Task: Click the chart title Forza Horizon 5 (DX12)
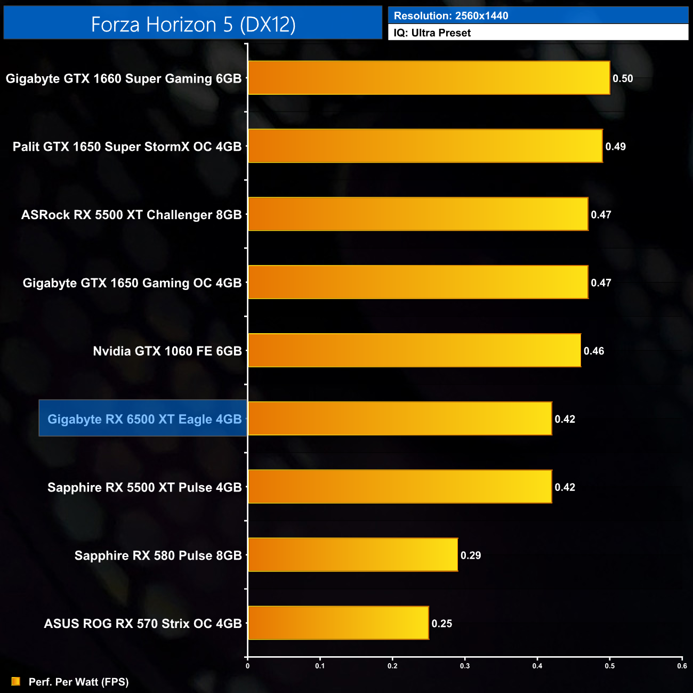[193, 25]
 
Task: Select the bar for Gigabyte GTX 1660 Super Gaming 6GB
[429, 78]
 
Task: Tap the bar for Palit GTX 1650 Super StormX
[425, 146]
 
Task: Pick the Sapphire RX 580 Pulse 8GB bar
[352, 555]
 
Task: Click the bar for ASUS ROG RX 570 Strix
[338, 623]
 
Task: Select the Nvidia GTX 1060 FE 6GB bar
[414, 351]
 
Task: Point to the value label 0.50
[623, 79]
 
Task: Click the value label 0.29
[471, 555]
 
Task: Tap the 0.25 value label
[442, 624]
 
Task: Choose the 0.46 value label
[594, 351]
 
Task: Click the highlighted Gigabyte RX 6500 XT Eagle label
[144, 419]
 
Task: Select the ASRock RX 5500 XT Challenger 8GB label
[131, 215]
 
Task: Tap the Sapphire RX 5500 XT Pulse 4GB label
[144, 487]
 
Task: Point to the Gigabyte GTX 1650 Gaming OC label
[132, 283]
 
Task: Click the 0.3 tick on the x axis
[465, 666]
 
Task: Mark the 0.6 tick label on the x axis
[682, 666]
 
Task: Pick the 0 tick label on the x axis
[247, 666]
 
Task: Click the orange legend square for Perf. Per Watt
[16, 681]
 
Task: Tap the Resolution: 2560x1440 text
[451, 16]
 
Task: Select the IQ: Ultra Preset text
[432, 33]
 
